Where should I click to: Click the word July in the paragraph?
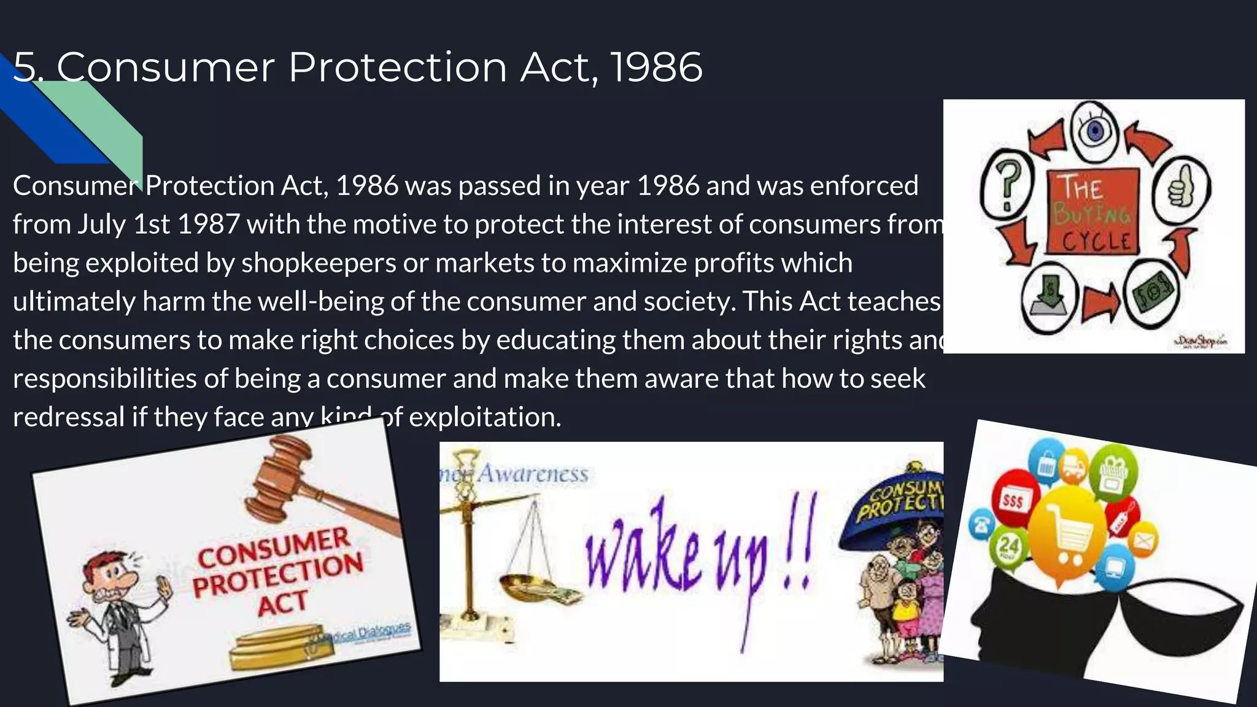click(101, 225)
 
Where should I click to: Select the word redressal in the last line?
click(69, 417)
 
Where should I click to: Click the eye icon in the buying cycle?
click(1094, 131)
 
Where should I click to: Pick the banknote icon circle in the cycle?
click(1154, 293)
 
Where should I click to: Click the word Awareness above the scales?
click(533, 474)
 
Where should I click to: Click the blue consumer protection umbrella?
click(896, 500)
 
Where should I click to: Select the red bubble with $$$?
click(1013, 500)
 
